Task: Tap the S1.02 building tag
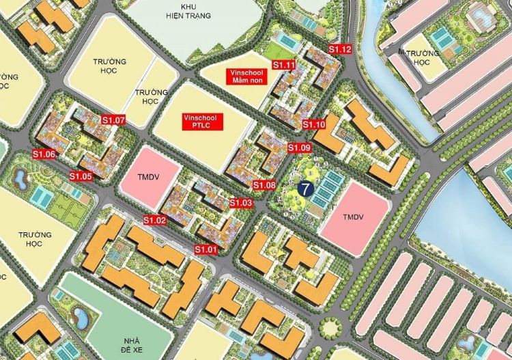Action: pyautogui.click(x=155, y=220)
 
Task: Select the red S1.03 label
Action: pyautogui.click(x=241, y=203)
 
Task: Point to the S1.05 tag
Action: pyautogui.click(x=81, y=176)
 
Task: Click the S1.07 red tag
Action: pyautogui.click(x=114, y=120)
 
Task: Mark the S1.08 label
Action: pyautogui.click(x=264, y=185)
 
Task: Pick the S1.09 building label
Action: pyautogui.click(x=299, y=148)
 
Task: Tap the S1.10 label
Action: pyautogui.click(x=314, y=124)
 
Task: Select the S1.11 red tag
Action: pyautogui.click(x=283, y=65)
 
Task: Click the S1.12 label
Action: pyautogui.click(x=340, y=49)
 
